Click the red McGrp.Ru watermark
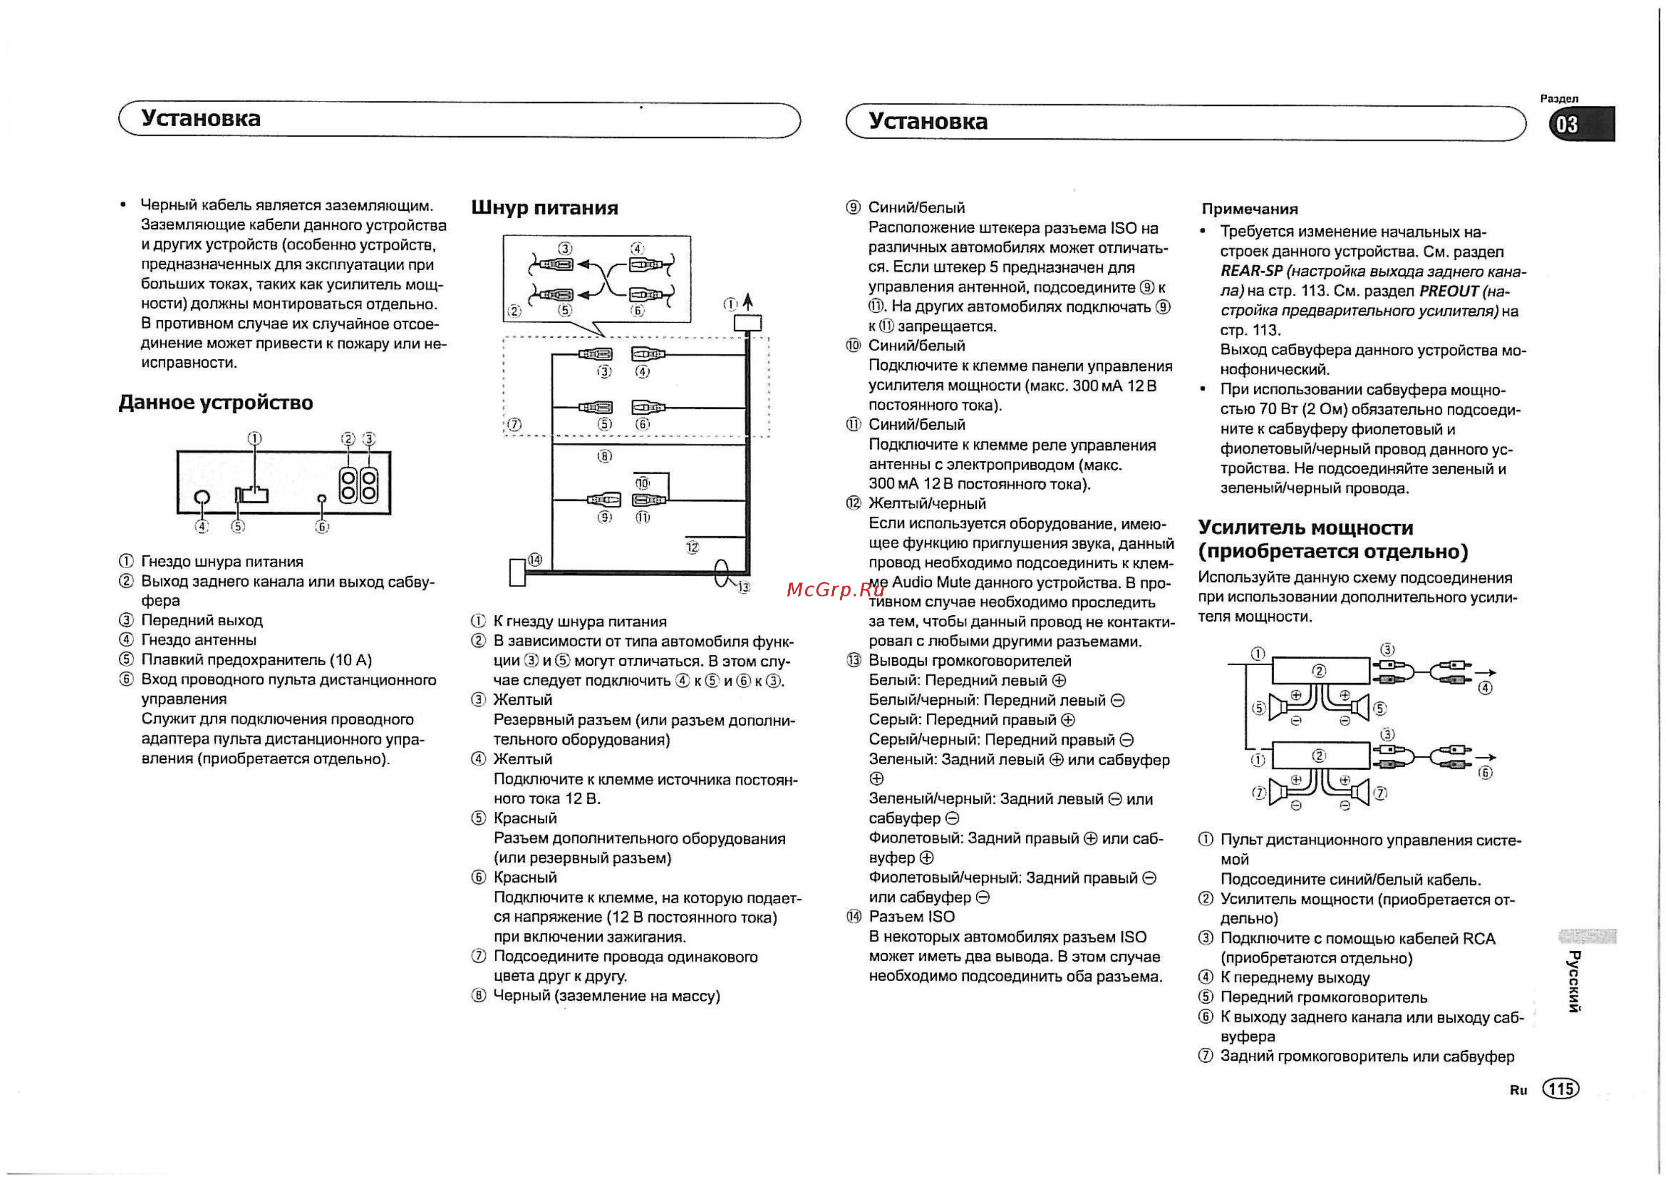point(835,589)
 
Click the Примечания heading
point(1249,209)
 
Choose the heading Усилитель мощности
point(1305,527)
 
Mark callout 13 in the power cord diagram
point(743,587)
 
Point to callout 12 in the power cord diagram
point(692,547)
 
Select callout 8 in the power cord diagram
point(605,456)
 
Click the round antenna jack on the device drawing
point(202,497)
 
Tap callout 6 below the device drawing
point(322,527)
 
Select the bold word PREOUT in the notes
point(1448,291)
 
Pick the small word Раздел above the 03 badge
point(1559,98)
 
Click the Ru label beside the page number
point(1518,1090)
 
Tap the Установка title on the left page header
point(201,118)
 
